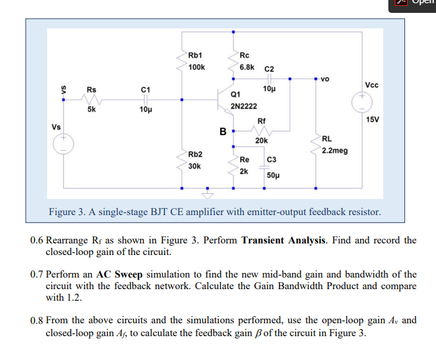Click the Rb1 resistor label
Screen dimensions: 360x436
(x=195, y=55)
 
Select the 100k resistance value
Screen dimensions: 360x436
(x=196, y=66)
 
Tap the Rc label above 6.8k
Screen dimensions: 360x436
(x=244, y=55)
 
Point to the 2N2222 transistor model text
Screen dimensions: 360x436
(x=243, y=106)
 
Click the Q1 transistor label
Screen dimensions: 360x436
(x=235, y=95)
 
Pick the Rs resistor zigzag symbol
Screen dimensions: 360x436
(x=91, y=100)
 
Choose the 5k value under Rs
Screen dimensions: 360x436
(x=92, y=109)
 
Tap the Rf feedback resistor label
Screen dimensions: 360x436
(x=261, y=120)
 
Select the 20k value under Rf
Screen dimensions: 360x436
(x=261, y=140)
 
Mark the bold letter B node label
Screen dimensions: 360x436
(x=223, y=132)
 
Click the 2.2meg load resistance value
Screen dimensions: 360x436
(x=334, y=151)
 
